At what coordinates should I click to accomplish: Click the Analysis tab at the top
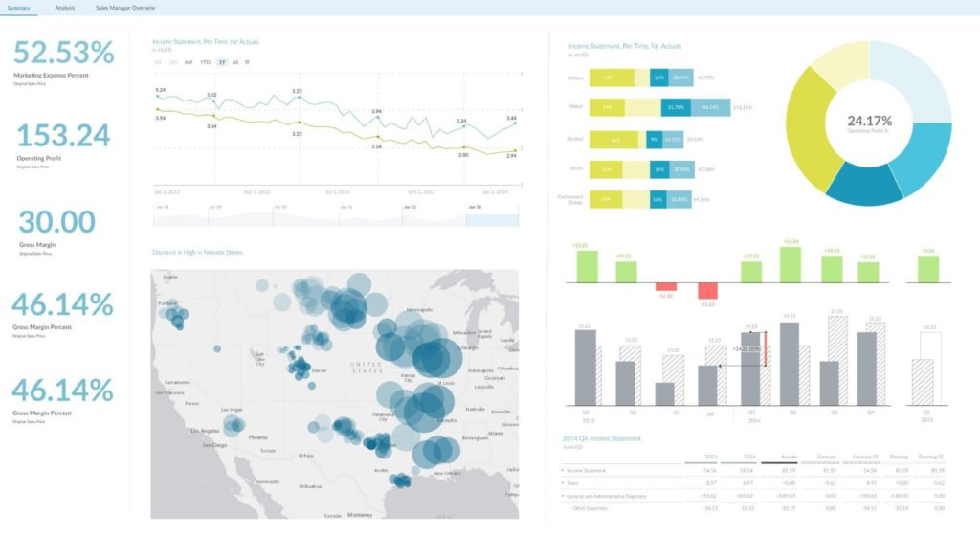(x=65, y=8)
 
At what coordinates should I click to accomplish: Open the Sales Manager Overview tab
(x=125, y=8)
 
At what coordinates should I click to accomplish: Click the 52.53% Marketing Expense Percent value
(x=63, y=52)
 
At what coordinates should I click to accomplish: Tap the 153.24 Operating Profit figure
(x=63, y=135)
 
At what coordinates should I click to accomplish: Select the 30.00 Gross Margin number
(x=56, y=222)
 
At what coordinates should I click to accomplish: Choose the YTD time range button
(x=206, y=62)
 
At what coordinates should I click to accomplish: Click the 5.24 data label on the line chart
(x=160, y=90)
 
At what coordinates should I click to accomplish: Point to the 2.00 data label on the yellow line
(x=463, y=154)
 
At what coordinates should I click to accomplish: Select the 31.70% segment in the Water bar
(x=677, y=108)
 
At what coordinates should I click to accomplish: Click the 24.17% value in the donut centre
(x=869, y=121)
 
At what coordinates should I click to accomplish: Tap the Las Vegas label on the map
(x=232, y=409)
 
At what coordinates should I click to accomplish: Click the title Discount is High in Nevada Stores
(x=197, y=253)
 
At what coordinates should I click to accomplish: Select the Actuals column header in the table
(x=789, y=458)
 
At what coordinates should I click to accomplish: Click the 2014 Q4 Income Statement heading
(x=601, y=438)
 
